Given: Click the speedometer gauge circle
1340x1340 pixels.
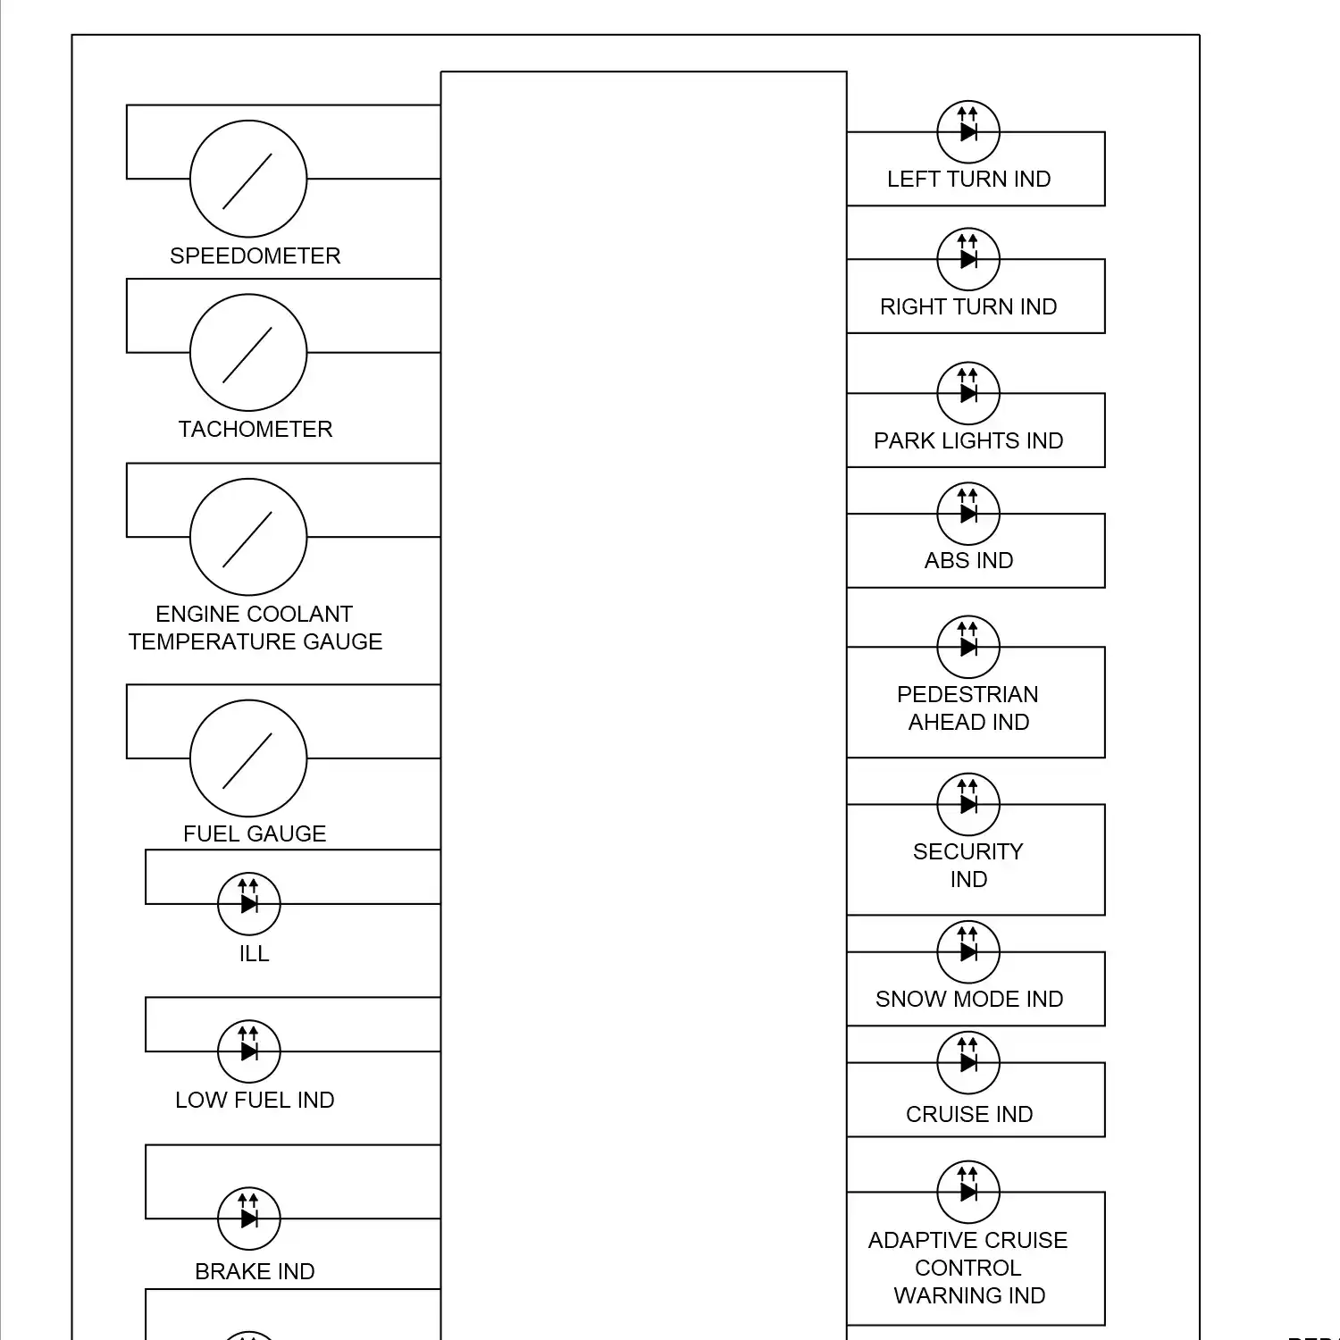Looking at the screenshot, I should [248, 179].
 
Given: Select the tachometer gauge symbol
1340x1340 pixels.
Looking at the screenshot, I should [248, 353].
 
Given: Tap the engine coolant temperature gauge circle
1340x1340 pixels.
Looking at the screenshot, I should [248, 537].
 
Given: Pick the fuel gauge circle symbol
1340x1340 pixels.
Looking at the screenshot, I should [248, 758].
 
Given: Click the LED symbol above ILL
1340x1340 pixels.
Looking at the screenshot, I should [249, 903].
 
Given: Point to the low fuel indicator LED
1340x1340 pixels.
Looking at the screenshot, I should [249, 1051].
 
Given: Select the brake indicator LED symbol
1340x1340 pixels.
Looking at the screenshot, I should [249, 1219].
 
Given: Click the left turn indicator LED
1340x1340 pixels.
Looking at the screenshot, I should [968, 131].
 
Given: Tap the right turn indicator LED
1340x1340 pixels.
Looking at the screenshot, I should [968, 259].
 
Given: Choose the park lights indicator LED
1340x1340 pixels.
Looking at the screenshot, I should [968, 393].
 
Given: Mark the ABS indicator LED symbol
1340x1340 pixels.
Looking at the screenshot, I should [968, 514].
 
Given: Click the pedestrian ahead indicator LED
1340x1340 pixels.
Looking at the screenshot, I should [968, 647].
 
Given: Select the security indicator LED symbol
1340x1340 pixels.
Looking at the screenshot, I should [968, 804].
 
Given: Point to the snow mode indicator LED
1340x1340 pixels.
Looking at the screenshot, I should [968, 952].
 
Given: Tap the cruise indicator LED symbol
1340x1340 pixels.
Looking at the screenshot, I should [968, 1062].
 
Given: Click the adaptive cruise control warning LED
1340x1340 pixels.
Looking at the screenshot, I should [968, 1192].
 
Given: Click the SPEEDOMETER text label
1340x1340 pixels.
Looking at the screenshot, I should [255, 256].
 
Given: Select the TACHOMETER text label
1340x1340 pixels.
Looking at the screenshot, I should [255, 430].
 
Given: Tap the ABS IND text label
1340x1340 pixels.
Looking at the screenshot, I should [969, 561].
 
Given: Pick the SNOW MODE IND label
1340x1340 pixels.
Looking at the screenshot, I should [969, 1000].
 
